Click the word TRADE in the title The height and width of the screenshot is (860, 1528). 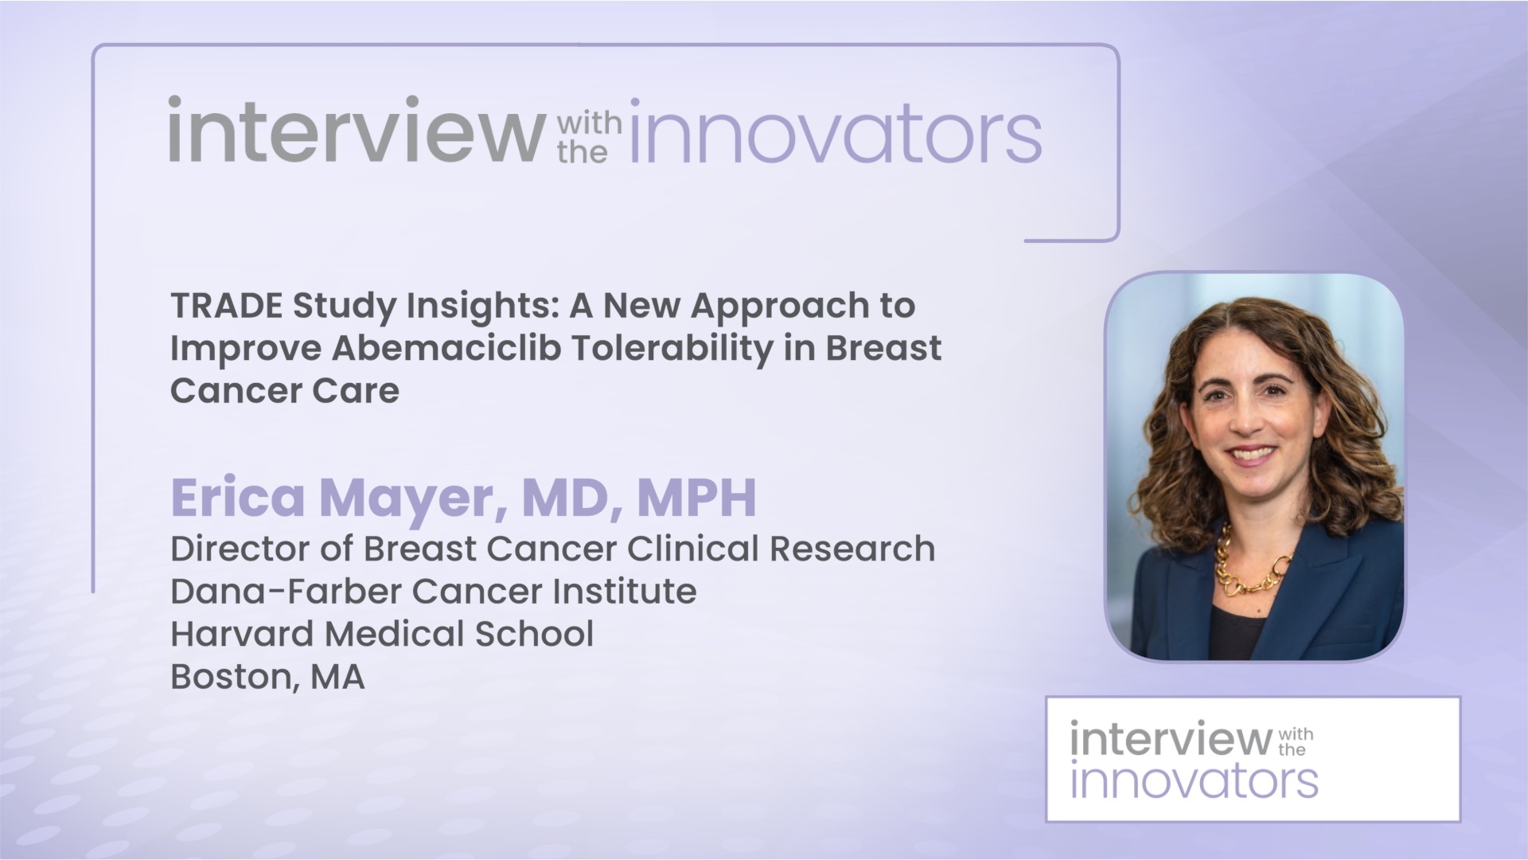click(x=225, y=306)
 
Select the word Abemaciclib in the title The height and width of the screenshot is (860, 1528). click(x=446, y=348)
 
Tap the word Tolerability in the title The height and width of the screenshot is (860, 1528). click(x=672, y=348)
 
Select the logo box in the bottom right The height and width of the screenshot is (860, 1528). click(x=1253, y=759)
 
